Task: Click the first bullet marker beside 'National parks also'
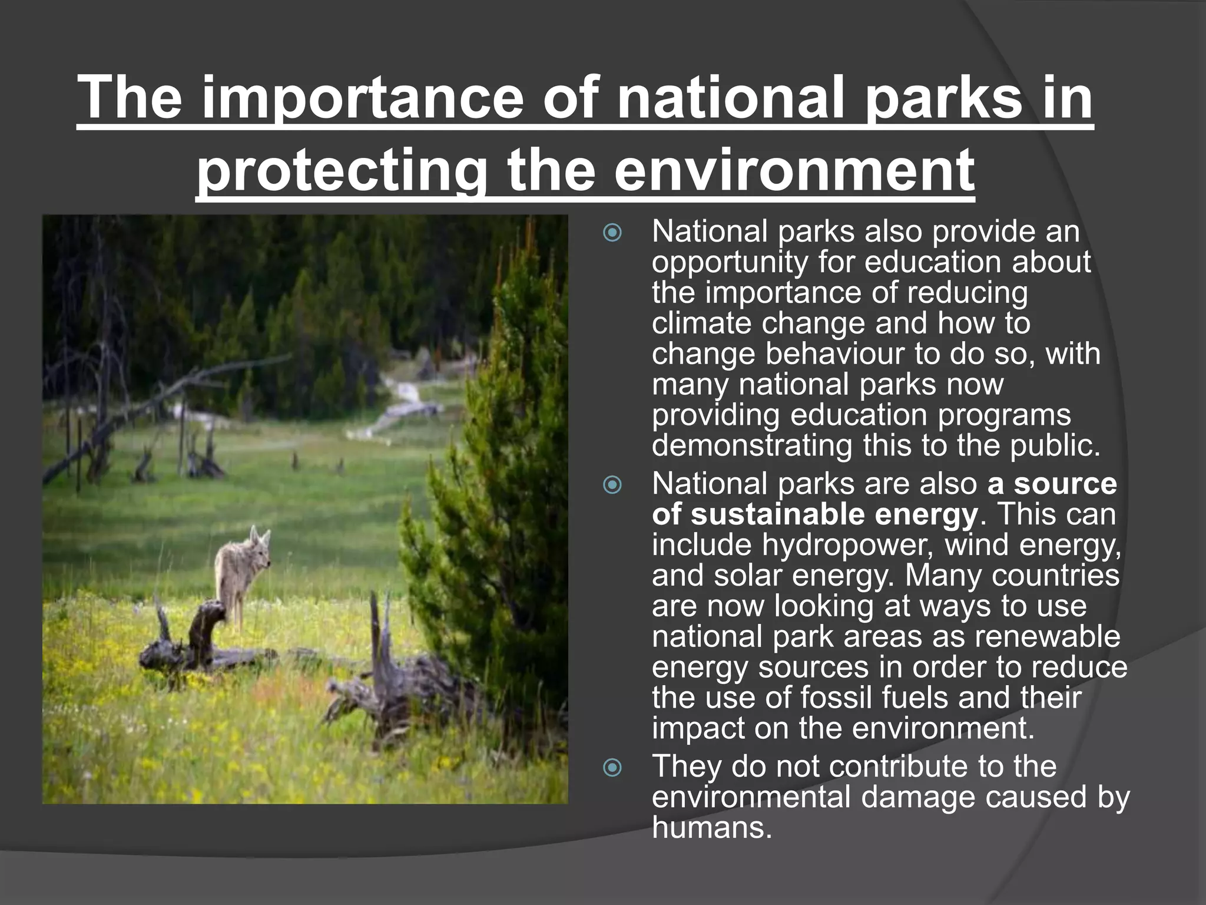[613, 233]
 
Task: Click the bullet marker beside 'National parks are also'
[613, 485]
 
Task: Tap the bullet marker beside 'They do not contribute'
[613, 768]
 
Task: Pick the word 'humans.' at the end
[711, 827]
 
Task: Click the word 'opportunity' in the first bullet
[730, 262]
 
